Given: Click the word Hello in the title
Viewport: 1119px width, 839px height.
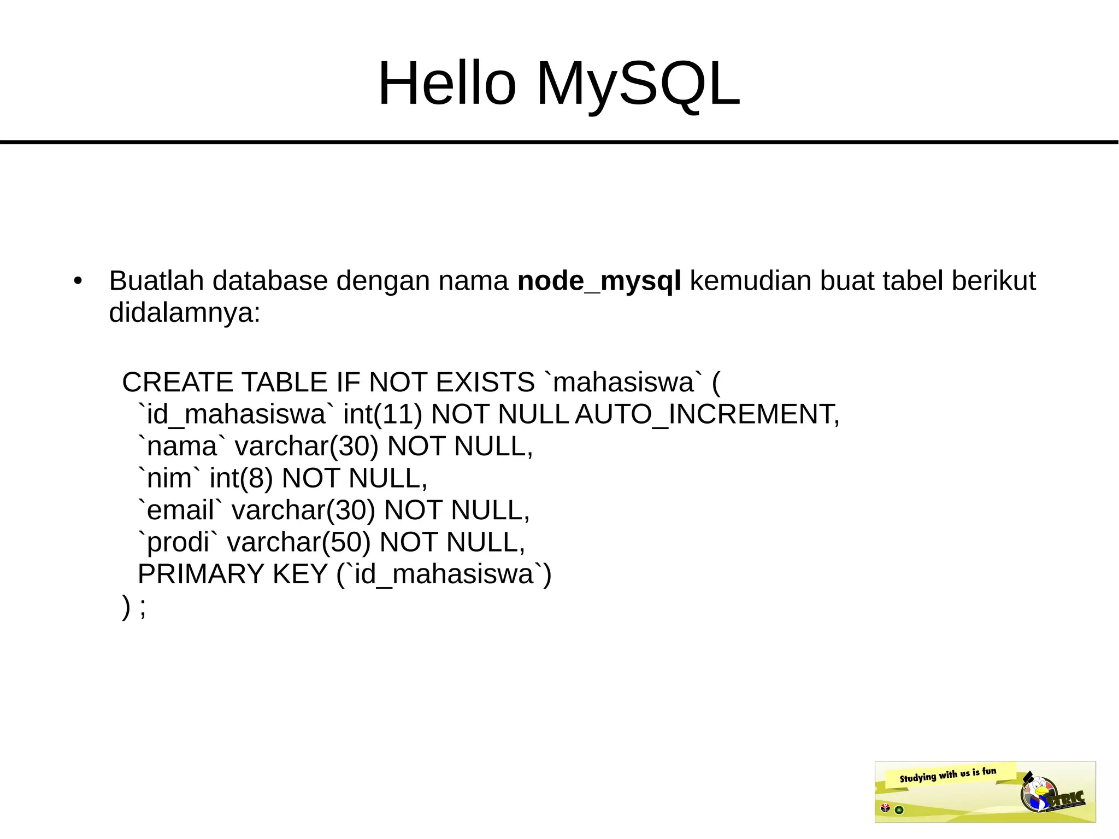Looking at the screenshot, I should (446, 84).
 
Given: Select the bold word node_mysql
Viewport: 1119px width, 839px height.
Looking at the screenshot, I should (599, 281).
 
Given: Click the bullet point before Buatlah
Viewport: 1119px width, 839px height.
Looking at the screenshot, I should (78, 281).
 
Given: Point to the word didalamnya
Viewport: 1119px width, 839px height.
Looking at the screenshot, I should (184, 313).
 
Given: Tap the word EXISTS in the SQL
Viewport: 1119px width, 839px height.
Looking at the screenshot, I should (485, 382).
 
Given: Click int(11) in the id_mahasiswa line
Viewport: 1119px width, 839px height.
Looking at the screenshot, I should (382, 414).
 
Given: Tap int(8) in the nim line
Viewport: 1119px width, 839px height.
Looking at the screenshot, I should (241, 478).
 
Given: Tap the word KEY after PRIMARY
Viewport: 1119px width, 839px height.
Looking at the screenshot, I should (299, 574).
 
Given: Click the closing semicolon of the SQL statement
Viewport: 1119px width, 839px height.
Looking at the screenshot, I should (143, 607).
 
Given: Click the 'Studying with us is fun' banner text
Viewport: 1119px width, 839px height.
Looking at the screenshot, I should (947, 775).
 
